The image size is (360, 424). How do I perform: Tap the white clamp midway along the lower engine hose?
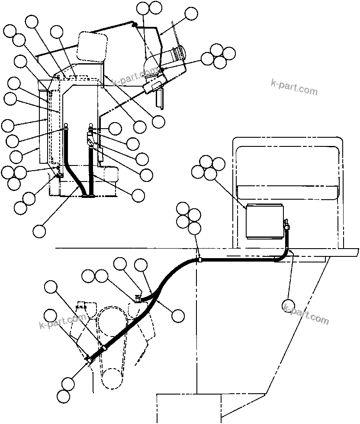(103, 349)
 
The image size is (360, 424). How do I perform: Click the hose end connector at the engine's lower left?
(89, 359)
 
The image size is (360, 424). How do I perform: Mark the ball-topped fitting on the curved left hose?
(66, 126)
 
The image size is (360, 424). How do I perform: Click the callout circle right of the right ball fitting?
(115, 128)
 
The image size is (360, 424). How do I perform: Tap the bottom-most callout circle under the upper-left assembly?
(39, 230)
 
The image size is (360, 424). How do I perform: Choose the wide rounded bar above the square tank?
(288, 191)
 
